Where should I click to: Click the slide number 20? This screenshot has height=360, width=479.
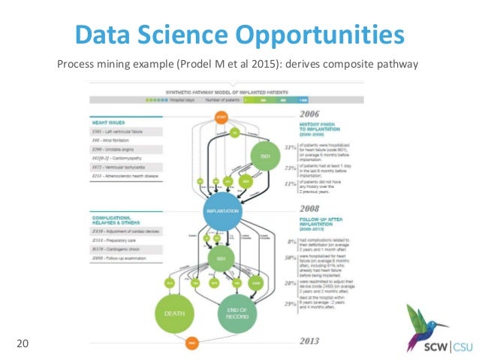pyautogui.click(x=23, y=344)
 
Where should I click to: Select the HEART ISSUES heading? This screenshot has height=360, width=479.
pyautogui.click(x=107, y=122)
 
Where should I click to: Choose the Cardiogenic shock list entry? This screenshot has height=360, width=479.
pyautogui.click(x=124, y=247)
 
